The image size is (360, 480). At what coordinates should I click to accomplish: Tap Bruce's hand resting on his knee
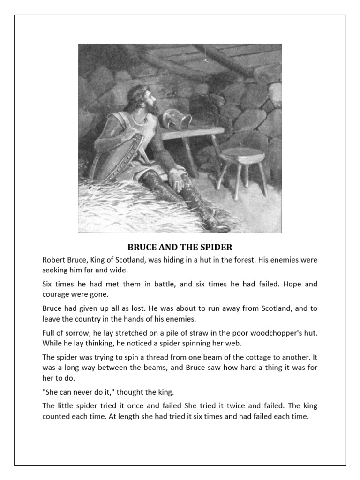(176, 176)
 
